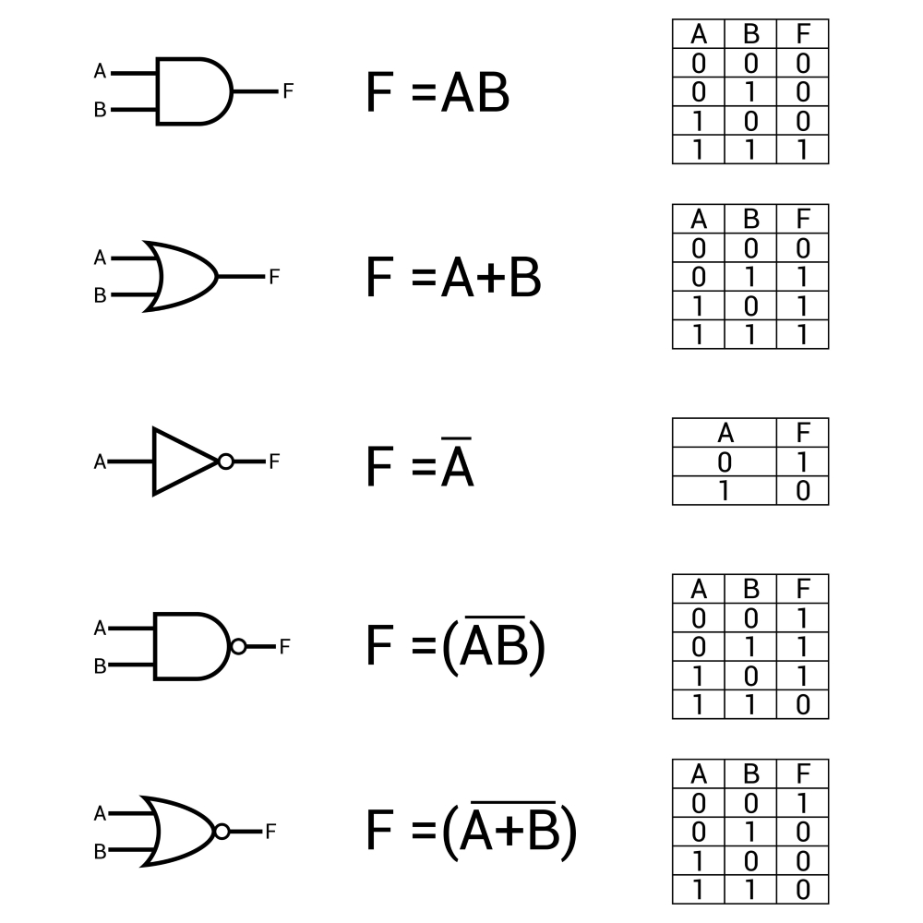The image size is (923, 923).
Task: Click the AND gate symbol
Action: pyautogui.click(x=194, y=91)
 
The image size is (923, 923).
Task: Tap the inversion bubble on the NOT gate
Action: pyautogui.click(x=225, y=461)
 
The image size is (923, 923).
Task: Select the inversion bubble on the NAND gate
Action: pyautogui.click(x=238, y=646)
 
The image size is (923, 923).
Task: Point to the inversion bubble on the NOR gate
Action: pyautogui.click(x=222, y=832)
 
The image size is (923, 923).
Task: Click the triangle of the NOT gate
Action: pyautogui.click(x=186, y=461)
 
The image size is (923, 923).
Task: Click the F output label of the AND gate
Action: pyautogui.click(x=288, y=91)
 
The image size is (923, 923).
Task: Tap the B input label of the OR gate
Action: pyautogui.click(x=100, y=295)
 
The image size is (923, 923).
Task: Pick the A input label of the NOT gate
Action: pyautogui.click(x=100, y=461)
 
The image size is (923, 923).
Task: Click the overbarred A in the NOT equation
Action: pyautogui.click(x=457, y=462)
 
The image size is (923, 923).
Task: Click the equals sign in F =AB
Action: pyautogui.click(x=424, y=93)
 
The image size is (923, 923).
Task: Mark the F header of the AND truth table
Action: pyautogui.click(x=803, y=34)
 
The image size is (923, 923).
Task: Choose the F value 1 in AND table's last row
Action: pyautogui.click(x=803, y=150)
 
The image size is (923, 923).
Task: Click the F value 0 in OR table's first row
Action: pyautogui.click(x=803, y=248)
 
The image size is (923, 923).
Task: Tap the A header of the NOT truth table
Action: pyautogui.click(x=725, y=433)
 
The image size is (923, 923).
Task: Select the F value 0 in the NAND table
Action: pyautogui.click(x=803, y=704)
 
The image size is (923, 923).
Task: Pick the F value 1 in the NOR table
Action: pyautogui.click(x=803, y=803)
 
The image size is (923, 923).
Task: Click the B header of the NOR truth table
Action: pyautogui.click(x=751, y=773)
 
